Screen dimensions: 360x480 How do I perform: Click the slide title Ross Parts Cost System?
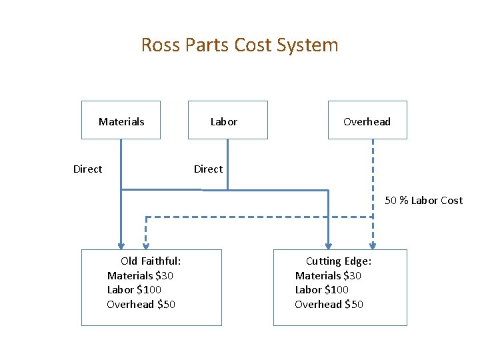(x=239, y=45)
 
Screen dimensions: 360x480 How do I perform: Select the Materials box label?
(x=121, y=121)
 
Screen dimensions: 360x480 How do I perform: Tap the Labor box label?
(x=223, y=121)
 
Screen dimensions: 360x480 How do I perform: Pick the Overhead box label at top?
(x=367, y=121)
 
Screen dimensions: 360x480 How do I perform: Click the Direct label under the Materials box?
(x=87, y=169)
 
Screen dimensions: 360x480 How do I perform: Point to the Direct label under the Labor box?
(x=208, y=169)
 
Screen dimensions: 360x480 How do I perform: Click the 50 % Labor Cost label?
(x=423, y=201)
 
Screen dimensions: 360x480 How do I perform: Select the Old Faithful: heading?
(x=151, y=261)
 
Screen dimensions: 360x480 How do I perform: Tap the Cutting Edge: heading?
(x=339, y=261)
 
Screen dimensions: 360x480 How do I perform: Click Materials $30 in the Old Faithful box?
(x=140, y=275)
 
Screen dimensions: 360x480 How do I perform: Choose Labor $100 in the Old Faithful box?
(x=134, y=289)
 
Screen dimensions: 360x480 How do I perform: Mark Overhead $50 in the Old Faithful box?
(x=141, y=304)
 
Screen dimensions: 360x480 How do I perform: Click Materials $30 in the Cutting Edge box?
(x=328, y=275)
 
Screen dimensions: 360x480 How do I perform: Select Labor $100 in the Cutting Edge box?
(x=322, y=289)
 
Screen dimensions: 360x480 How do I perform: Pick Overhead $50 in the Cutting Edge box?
(x=329, y=304)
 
